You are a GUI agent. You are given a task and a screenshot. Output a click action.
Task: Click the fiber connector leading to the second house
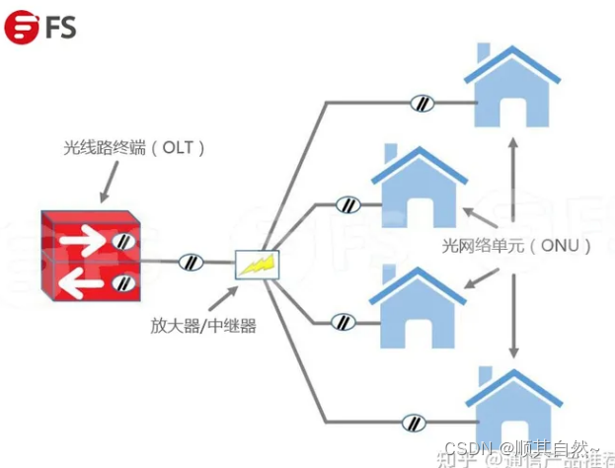point(347,205)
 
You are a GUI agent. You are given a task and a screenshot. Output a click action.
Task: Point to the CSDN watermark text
point(527,449)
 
